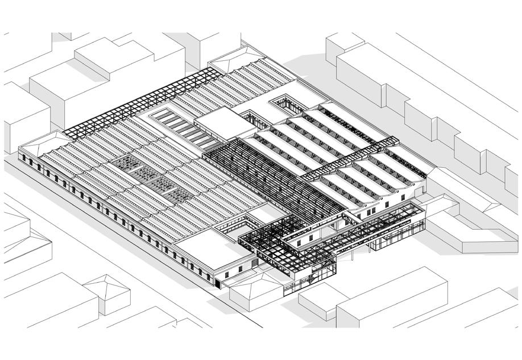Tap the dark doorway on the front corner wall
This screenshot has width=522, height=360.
click(217, 280)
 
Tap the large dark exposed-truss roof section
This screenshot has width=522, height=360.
click(267, 171)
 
